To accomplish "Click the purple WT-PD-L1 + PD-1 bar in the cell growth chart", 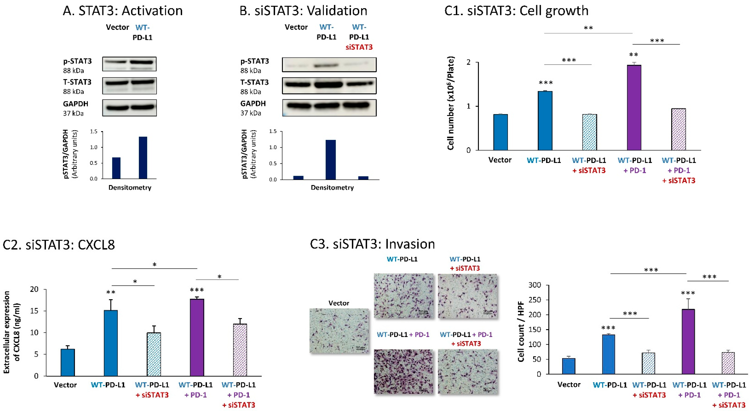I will [634, 108].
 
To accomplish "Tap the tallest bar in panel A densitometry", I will [143, 158].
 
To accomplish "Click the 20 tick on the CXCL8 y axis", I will [34, 289].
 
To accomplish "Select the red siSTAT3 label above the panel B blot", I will [359, 47].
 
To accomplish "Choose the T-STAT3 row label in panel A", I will [77, 82].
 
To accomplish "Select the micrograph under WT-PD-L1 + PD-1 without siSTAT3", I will [403, 371].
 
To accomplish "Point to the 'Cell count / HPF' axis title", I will [521, 331].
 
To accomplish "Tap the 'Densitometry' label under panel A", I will [130, 188].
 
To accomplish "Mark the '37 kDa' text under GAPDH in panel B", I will [251, 113].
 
